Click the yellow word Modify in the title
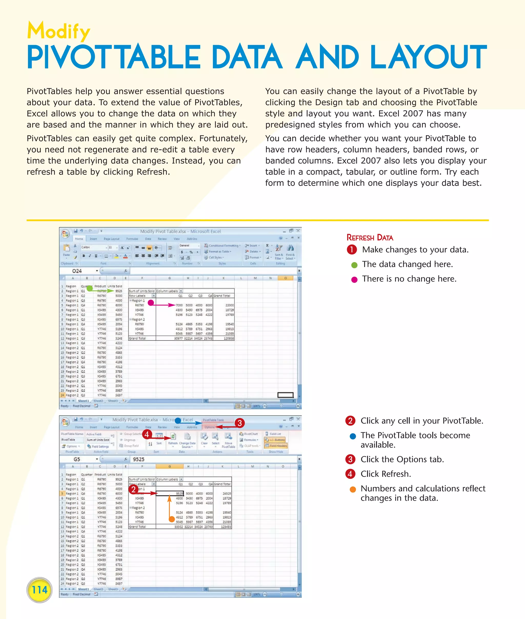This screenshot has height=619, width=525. pyautogui.click(x=58, y=31)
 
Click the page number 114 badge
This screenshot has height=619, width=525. pyautogui.click(x=39, y=590)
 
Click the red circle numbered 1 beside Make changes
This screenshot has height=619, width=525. pyautogui.click(x=351, y=249)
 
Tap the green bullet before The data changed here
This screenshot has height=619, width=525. pyautogui.click(x=354, y=265)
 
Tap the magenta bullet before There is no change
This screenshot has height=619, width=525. pyautogui.click(x=354, y=279)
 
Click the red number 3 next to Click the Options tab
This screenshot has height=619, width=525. pyautogui.click(x=350, y=459)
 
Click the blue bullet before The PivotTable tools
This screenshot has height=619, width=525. pyautogui.click(x=353, y=436)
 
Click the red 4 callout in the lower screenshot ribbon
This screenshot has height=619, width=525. pyautogui.click(x=147, y=434)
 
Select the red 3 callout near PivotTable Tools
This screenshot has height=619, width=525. pyautogui.click(x=240, y=423)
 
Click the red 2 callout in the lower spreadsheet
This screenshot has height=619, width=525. pyautogui.click(x=133, y=489)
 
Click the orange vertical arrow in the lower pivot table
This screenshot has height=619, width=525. pyautogui.click(x=169, y=506)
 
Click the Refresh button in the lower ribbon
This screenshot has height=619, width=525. pyautogui.click(x=173, y=439)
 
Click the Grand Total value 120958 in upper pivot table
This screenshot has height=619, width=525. pyautogui.click(x=229, y=338)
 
